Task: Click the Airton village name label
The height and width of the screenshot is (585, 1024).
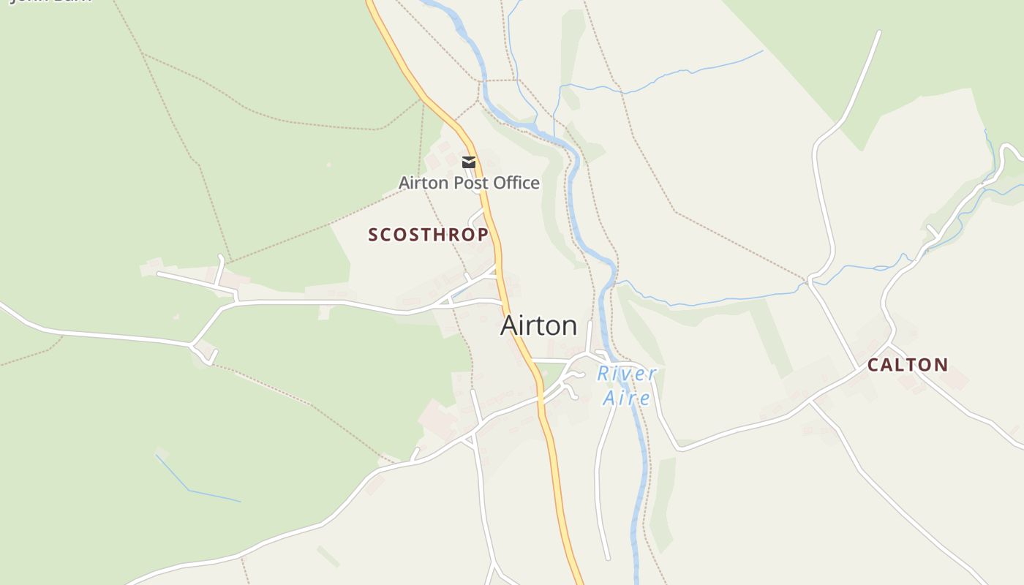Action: coord(538,325)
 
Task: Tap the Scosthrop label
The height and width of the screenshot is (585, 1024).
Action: coord(428,235)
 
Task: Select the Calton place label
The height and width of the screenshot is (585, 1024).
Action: coord(908,365)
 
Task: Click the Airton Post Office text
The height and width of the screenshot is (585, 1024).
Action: coord(469,183)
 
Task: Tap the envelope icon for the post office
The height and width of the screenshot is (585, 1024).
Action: coord(469,162)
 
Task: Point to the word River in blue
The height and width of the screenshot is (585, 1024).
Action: coord(627,374)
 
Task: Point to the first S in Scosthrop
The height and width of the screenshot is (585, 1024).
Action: coord(373,235)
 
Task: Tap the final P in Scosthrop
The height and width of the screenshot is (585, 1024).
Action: coord(482,235)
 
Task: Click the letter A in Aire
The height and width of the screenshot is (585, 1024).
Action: coord(609,398)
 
